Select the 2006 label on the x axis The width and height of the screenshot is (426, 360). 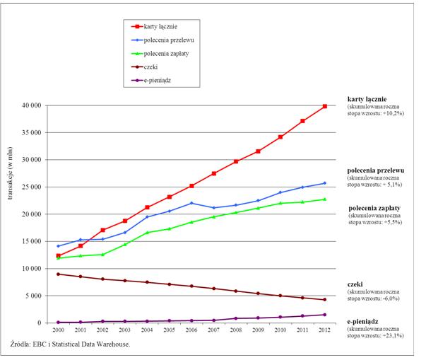(191, 330)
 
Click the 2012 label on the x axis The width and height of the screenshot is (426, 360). (324, 330)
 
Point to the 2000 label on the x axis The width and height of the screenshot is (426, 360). (59, 330)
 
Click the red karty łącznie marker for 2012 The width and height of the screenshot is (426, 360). (324, 106)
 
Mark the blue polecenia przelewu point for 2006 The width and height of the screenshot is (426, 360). (191, 203)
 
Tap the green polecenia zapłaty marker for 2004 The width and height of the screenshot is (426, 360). (147, 233)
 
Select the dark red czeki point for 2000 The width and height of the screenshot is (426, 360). (59, 274)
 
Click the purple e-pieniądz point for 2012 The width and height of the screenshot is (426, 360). (324, 315)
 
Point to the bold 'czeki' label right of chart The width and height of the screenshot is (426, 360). (355, 284)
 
